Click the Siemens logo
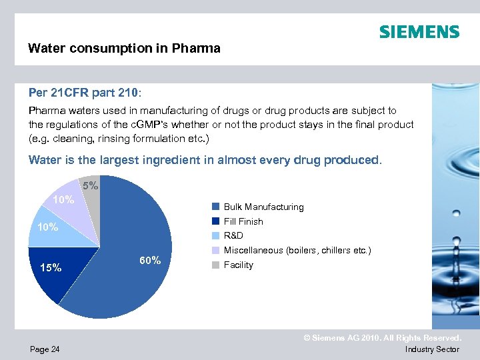(x=419, y=32)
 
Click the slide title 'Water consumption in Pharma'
(x=124, y=49)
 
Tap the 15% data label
(x=51, y=268)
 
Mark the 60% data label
(x=149, y=261)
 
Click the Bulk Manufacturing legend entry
(x=263, y=207)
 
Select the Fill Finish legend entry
(x=243, y=221)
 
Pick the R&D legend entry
(x=233, y=235)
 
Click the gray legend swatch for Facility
(x=215, y=265)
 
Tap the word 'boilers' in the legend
(x=302, y=250)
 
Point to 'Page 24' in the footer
(x=44, y=349)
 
